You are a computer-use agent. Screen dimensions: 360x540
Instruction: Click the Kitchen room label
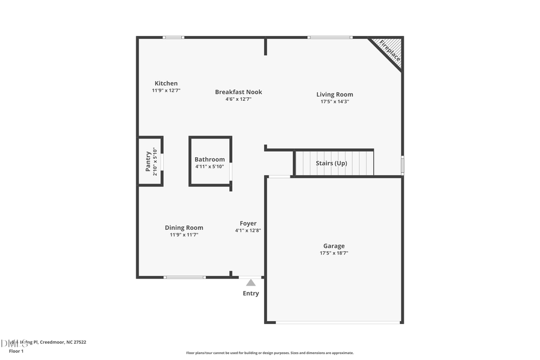pyautogui.click(x=166, y=83)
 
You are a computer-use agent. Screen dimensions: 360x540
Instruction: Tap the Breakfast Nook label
pyautogui.click(x=239, y=92)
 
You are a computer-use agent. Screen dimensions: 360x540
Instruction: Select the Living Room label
pyautogui.click(x=335, y=94)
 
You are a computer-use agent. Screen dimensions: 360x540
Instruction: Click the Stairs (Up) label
pyautogui.click(x=332, y=163)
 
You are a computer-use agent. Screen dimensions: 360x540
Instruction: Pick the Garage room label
pyautogui.click(x=334, y=246)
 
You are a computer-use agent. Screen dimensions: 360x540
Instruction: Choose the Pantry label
pyautogui.click(x=148, y=161)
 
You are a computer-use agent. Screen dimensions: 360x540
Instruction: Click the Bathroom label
pyautogui.click(x=209, y=160)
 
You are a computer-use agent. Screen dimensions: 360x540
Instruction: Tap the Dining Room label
pyautogui.click(x=184, y=227)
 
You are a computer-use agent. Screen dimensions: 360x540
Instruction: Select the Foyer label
pyautogui.click(x=248, y=223)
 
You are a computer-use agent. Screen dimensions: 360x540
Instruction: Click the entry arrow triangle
pyautogui.click(x=251, y=283)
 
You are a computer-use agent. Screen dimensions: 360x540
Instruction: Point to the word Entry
pyautogui.click(x=251, y=293)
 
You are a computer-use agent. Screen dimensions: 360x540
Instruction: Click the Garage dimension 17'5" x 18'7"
pyautogui.click(x=334, y=253)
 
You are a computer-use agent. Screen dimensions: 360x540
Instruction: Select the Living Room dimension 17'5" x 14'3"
pyautogui.click(x=335, y=101)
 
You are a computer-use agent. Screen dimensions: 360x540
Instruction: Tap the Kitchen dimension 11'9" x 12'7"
pyautogui.click(x=166, y=90)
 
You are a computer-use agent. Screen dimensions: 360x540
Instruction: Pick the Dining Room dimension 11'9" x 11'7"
pyautogui.click(x=184, y=235)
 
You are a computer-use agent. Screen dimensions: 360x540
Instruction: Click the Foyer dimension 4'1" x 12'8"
pyautogui.click(x=248, y=230)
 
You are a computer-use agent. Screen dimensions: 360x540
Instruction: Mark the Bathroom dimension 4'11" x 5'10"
pyautogui.click(x=209, y=166)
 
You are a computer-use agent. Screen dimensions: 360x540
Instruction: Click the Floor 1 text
pyautogui.click(x=16, y=351)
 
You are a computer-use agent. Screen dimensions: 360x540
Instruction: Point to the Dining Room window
pyautogui.click(x=185, y=277)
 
